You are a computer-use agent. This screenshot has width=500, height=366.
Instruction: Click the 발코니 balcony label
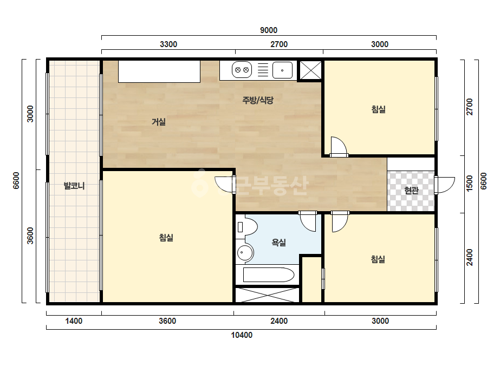(74, 186)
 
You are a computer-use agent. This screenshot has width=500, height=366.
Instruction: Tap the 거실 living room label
(159, 122)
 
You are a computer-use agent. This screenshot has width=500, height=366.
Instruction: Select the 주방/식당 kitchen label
(258, 100)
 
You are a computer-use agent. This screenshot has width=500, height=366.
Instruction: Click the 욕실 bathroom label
(278, 243)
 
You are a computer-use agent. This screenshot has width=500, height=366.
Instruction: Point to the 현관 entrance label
(411, 191)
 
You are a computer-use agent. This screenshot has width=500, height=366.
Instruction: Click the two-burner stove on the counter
(242, 70)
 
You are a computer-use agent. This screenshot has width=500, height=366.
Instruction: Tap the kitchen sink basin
(282, 70)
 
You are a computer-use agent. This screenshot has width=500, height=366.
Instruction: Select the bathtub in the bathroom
(268, 275)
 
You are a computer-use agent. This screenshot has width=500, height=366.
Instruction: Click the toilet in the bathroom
(247, 227)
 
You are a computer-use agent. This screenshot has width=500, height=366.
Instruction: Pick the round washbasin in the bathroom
(245, 253)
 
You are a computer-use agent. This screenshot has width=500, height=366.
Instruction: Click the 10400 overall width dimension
(242, 335)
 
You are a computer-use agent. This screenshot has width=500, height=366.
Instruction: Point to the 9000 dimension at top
(269, 30)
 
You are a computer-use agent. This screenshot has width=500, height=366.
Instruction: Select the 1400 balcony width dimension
(74, 321)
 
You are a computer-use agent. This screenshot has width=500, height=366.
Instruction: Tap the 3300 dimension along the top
(168, 44)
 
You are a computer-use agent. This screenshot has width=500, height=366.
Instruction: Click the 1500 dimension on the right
(469, 184)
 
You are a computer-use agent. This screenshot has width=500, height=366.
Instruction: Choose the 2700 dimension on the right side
(469, 107)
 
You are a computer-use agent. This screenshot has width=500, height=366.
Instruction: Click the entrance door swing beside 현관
(444, 185)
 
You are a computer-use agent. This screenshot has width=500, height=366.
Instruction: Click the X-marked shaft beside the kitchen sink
(310, 70)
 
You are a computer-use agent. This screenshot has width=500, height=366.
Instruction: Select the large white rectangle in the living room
(159, 71)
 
